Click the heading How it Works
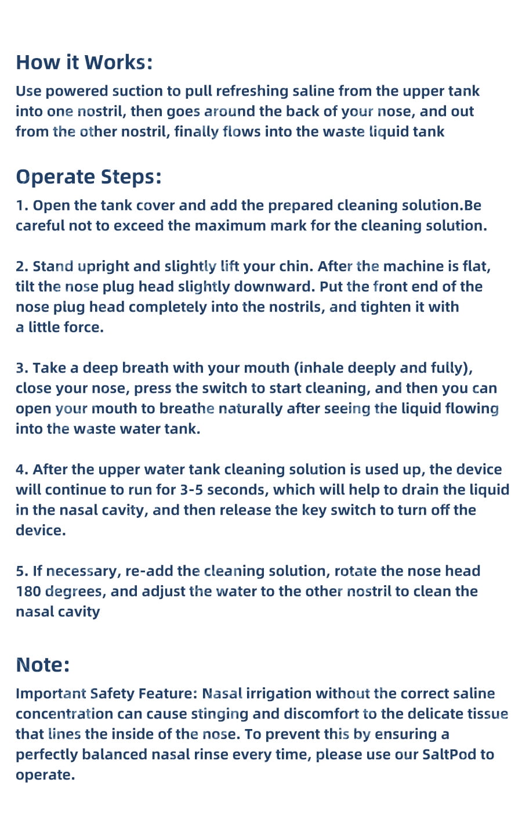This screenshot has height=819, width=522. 84,62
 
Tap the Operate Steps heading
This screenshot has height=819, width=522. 88,178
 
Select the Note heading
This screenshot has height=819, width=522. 42,665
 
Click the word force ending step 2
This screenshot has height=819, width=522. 84,327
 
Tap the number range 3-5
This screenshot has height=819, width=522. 191,490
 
